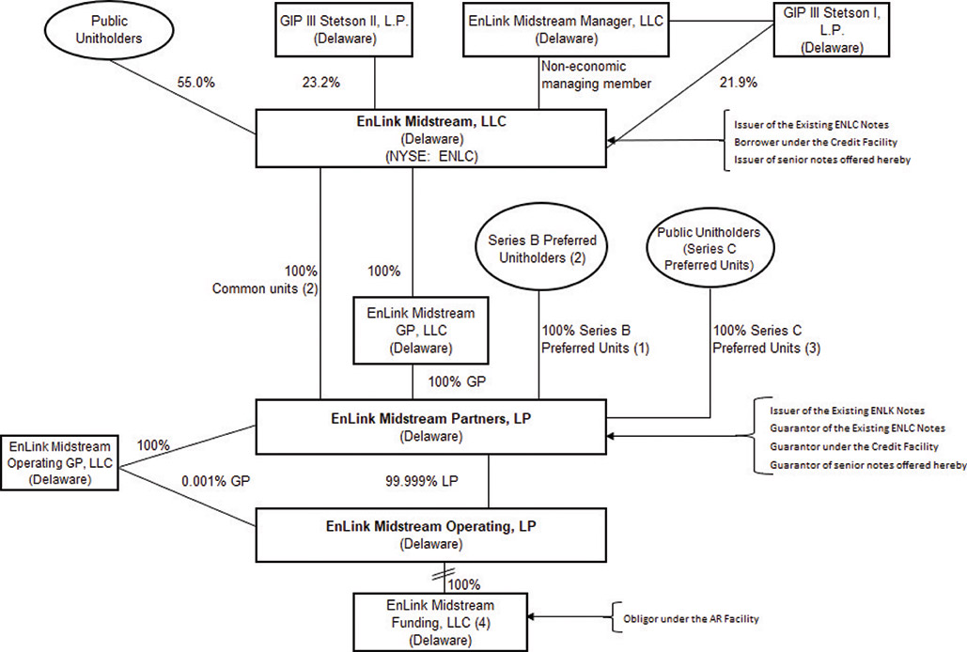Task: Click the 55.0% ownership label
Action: tap(195, 83)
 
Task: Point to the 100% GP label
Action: tap(458, 382)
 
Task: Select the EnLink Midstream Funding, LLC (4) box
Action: tap(441, 617)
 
